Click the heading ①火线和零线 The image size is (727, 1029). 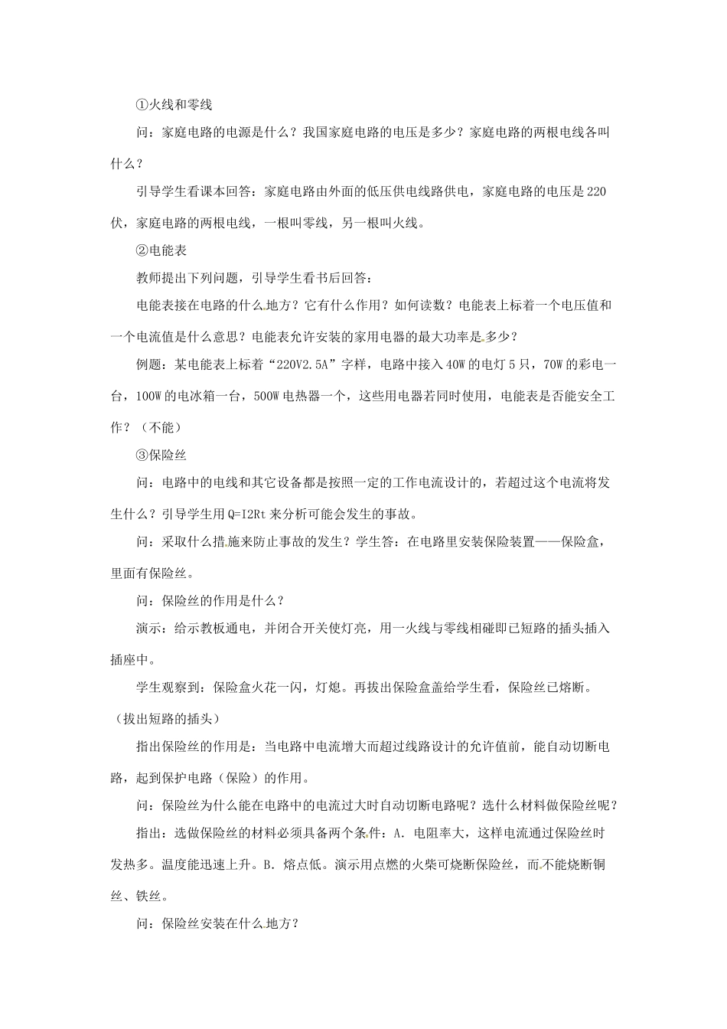click(x=173, y=103)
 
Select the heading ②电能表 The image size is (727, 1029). click(x=161, y=250)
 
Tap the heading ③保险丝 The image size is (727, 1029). click(x=161, y=454)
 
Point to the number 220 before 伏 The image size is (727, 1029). click(x=596, y=191)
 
